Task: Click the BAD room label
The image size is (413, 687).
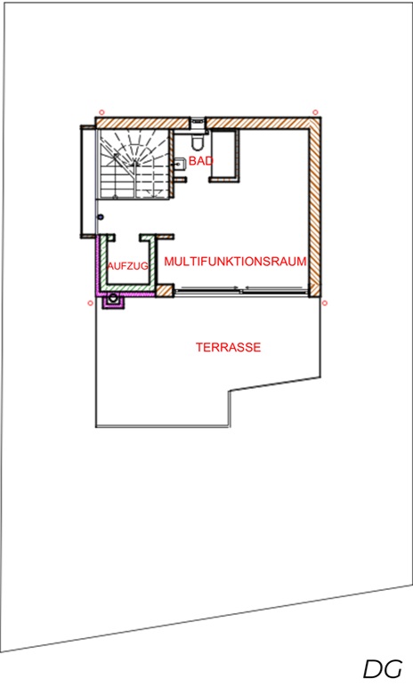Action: (x=201, y=161)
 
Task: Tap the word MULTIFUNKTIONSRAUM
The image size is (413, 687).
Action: (x=236, y=262)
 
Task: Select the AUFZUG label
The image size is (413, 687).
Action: (x=127, y=266)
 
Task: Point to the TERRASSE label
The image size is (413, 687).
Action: (x=228, y=347)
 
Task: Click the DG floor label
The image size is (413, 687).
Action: (x=383, y=669)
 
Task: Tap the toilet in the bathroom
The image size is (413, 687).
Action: (x=198, y=141)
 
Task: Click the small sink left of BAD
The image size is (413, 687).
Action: (x=180, y=164)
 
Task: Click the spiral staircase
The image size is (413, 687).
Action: (x=134, y=164)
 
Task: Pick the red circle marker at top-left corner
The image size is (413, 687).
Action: (x=101, y=113)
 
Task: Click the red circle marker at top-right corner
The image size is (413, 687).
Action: (x=315, y=113)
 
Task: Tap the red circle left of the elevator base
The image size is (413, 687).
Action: (x=90, y=303)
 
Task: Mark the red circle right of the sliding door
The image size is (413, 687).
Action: (x=325, y=303)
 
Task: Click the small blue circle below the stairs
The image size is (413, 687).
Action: (x=101, y=217)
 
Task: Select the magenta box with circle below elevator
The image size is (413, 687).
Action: (x=114, y=301)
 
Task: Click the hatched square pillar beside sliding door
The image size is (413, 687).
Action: (x=165, y=291)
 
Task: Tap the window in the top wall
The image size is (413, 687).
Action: (x=198, y=123)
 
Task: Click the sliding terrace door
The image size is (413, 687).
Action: (x=240, y=290)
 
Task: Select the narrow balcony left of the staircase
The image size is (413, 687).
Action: (x=88, y=182)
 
